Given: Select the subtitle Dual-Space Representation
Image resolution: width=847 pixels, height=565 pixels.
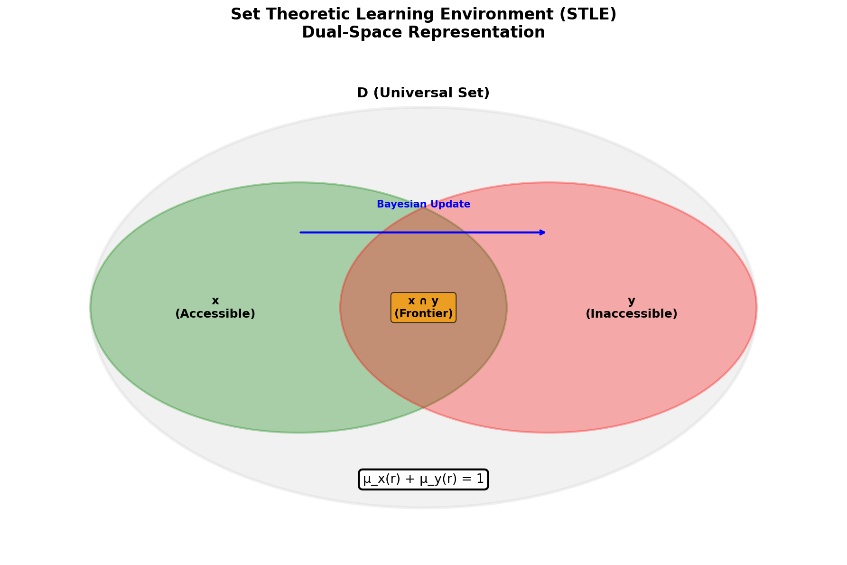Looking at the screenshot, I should (x=423, y=33).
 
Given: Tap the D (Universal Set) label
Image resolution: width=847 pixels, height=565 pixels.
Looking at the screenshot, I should (x=423, y=93).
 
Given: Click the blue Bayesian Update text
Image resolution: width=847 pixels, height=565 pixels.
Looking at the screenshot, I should (x=423, y=204).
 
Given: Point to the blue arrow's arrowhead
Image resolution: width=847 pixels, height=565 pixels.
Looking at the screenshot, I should (x=543, y=232).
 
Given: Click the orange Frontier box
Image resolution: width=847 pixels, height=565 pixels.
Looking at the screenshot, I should (x=423, y=308).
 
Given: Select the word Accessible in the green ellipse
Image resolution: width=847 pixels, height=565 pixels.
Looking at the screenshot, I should (x=215, y=314).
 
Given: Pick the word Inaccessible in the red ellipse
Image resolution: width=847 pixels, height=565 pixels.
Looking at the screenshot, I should (x=631, y=314).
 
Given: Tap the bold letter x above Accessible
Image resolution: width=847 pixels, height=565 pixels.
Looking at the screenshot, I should (x=215, y=301).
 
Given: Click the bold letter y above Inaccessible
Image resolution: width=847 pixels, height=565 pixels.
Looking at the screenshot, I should (x=631, y=301).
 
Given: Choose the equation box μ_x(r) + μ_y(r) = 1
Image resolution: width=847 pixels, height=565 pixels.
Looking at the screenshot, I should (x=423, y=480).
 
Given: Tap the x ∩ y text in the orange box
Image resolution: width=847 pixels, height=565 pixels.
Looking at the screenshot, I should (x=423, y=301).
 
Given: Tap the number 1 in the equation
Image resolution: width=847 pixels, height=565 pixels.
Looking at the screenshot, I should (x=480, y=480).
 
